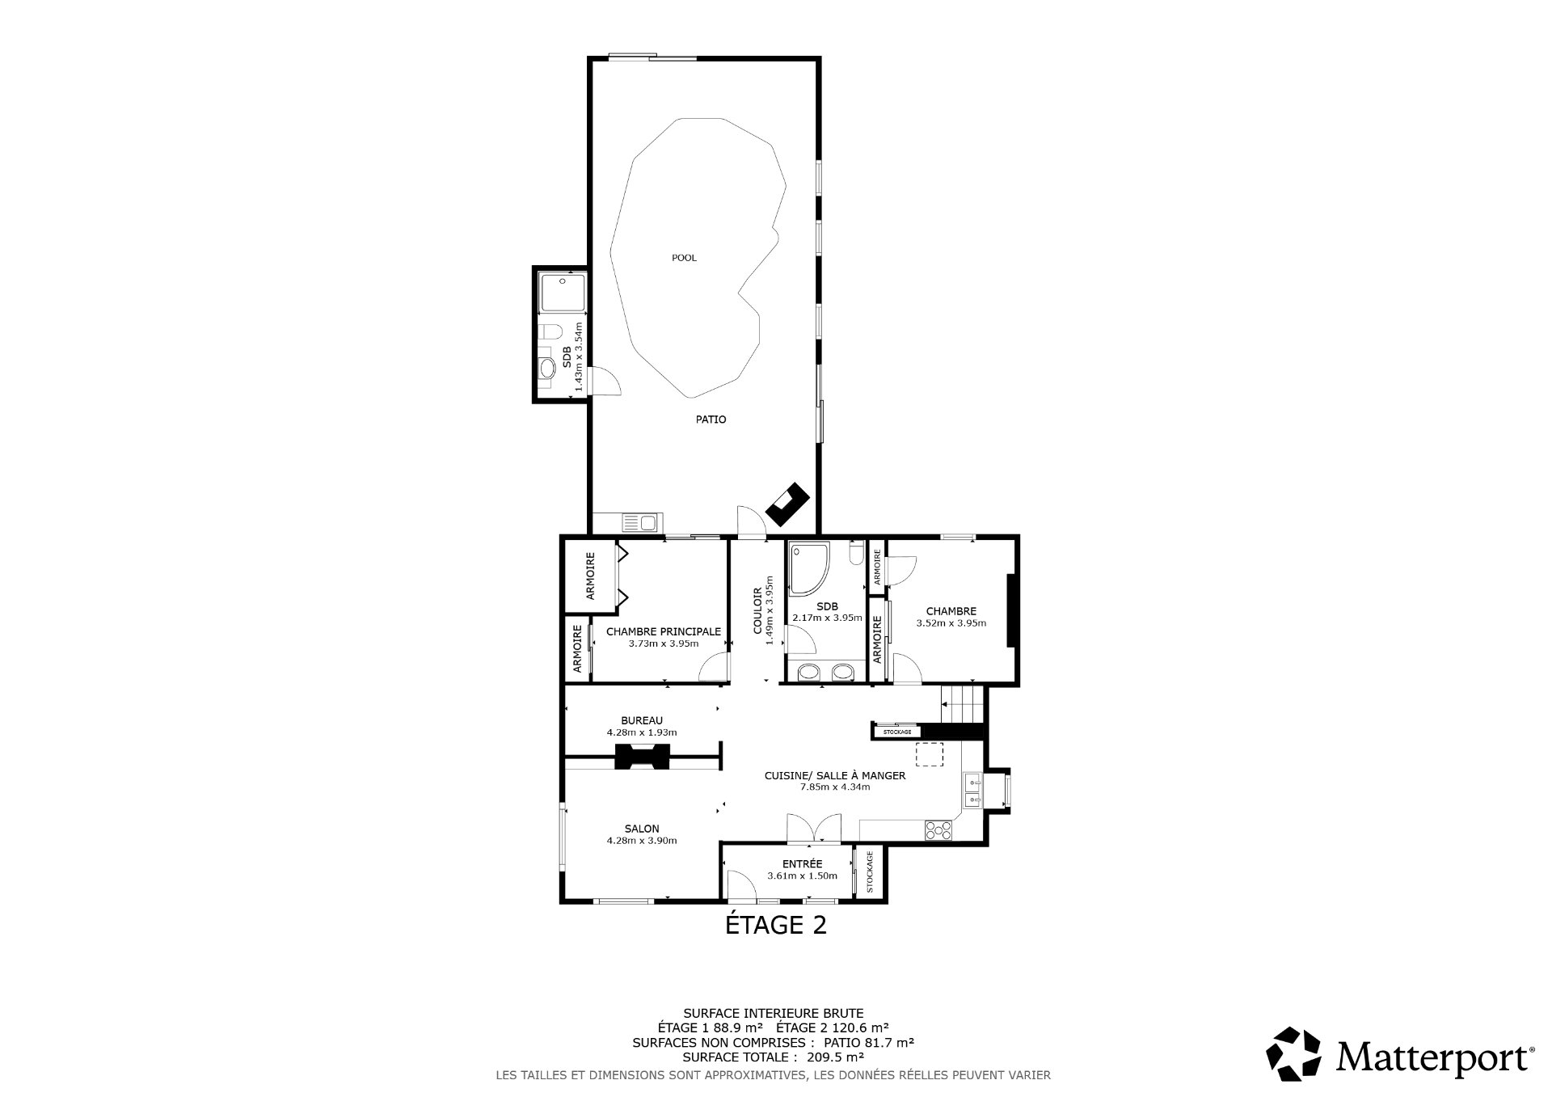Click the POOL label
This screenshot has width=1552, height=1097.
click(684, 258)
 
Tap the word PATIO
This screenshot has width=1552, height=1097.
click(711, 420)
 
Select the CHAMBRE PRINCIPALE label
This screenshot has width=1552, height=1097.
click(663, 631)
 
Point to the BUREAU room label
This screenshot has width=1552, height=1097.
click(642, 720)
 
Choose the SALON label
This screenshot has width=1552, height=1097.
click(642, 829)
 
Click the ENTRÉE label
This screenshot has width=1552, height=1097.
click(803, 863)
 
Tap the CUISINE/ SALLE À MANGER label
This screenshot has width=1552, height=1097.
click(835, 775)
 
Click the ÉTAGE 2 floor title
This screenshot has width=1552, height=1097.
click(775, 924)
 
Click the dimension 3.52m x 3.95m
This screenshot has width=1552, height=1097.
click(951, 623)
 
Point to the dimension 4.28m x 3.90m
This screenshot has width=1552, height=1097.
click(642, 841)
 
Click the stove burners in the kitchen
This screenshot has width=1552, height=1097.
click(938, 829)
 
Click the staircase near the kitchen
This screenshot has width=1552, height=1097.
click(964, 703)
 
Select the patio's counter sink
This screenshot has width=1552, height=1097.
click(640, 523)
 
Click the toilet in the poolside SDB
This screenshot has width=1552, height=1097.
click(550, 332)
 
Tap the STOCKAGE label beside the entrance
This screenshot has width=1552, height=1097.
click(870, 872)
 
